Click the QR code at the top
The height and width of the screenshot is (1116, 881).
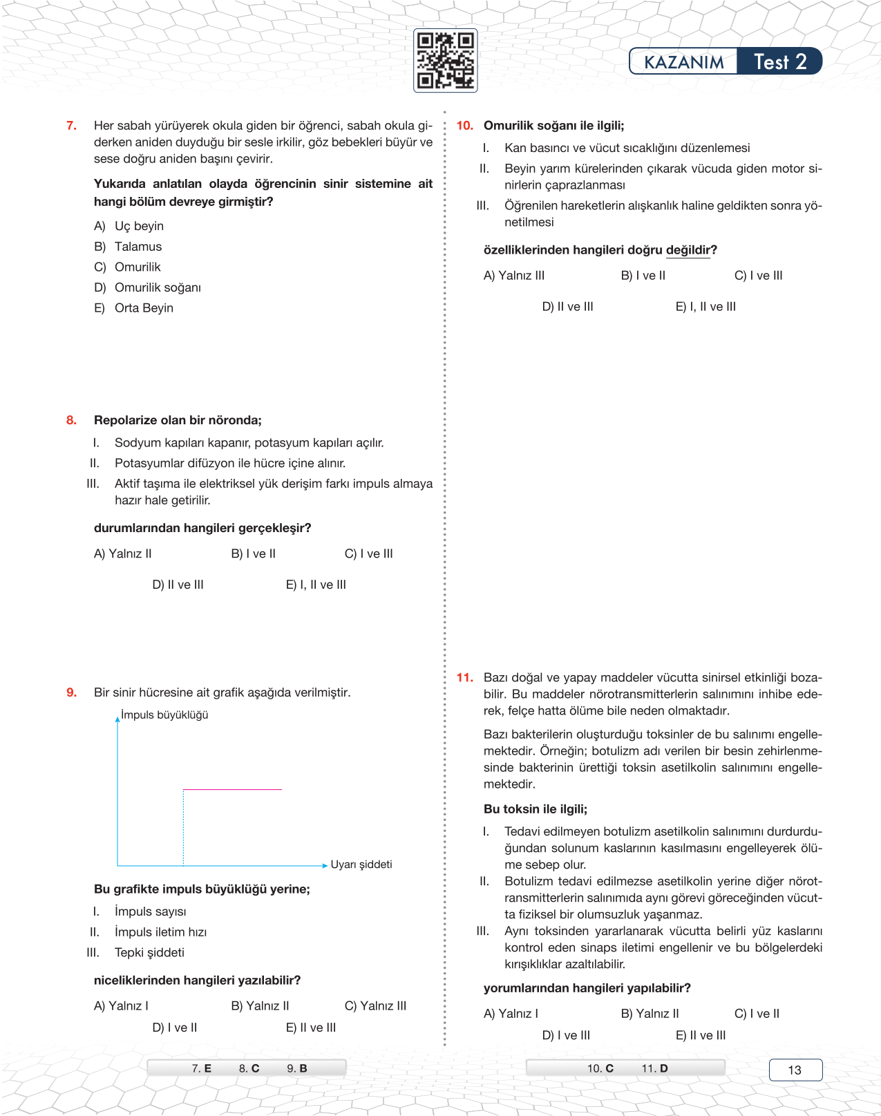point(445,60)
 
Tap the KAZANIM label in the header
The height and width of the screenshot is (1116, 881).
point(683,62)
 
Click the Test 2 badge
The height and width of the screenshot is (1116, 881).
point(779,62)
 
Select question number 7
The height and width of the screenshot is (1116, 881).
point(71,126)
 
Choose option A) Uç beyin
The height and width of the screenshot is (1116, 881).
point(129,226)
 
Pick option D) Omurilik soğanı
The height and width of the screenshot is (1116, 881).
point(148,287)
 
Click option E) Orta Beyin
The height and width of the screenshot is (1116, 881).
point(134,308)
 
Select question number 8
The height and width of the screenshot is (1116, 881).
point(71,420)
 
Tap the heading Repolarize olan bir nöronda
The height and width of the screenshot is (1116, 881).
point(178,420)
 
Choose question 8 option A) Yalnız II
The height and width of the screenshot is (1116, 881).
point(123,554)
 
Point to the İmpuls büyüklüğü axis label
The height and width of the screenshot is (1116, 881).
point(164,715)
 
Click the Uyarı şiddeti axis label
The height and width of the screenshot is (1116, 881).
point(361,864)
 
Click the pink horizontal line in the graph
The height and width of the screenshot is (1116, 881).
point(232,789)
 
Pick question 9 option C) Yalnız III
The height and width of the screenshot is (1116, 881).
point(375,1005)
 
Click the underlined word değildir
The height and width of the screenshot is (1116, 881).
point(688,250)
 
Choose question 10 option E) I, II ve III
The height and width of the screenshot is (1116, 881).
point(705,307)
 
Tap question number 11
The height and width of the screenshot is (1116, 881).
point(464,678)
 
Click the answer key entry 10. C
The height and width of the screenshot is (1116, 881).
point(600,1068)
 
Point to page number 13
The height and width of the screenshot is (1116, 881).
point(795,1070)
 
